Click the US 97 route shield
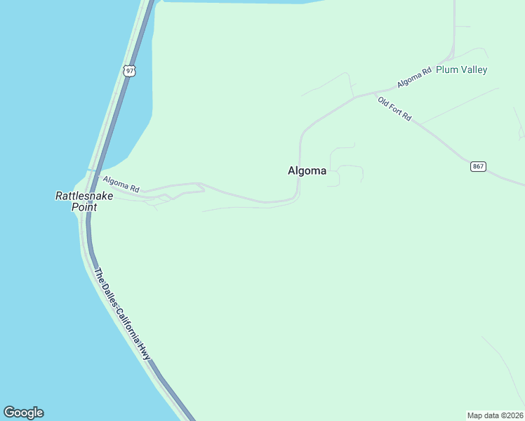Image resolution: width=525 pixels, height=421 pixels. (x=128, y=70)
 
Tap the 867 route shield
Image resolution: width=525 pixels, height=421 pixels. (x=478, y=166)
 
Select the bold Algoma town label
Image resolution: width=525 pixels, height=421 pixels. (x=307, y=171)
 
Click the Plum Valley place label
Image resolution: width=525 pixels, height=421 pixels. (x=461, y=69)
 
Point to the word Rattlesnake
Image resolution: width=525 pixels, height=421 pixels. (x=84, y=196)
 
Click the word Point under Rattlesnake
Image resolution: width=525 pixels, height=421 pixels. (x=84, y=208)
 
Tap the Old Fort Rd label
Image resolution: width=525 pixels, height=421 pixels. (x=394, y=109)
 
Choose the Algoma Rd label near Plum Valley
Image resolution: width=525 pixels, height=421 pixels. (x=414, y=78)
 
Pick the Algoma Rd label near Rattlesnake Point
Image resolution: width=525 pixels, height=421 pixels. (x=121, y=185)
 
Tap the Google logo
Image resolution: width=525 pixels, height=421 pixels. (x=23, y=413)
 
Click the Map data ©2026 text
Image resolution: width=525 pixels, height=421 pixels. (x=495, y=415)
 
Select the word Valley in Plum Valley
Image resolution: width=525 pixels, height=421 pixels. (x=472, y=69)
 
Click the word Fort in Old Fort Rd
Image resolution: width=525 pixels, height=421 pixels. (x=395, y=109)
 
